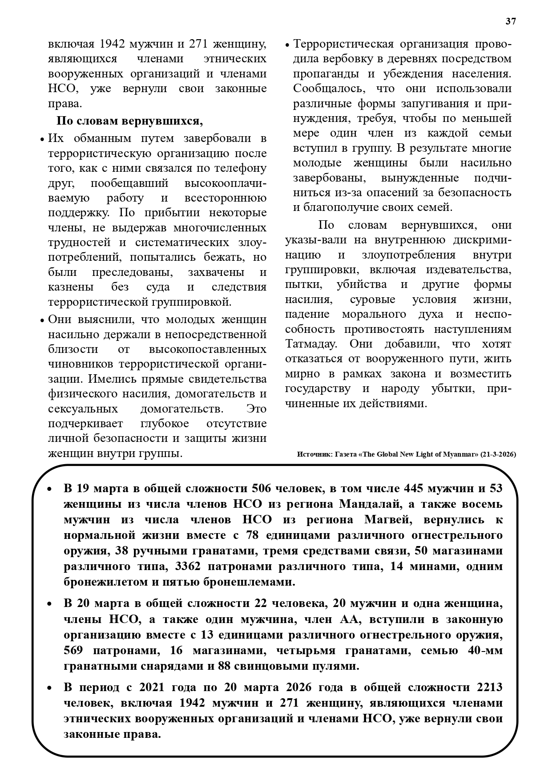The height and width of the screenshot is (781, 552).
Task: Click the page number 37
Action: (511, 21)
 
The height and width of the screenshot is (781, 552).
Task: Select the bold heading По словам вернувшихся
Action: (129, 121)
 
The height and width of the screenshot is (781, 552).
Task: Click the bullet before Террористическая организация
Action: (287, 45)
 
